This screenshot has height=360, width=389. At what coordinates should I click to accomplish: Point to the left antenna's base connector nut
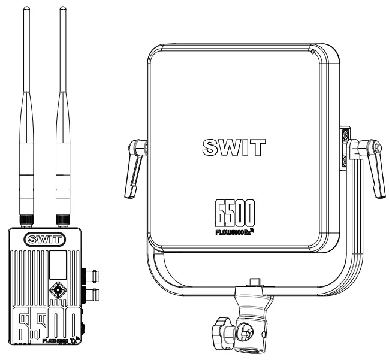[x=26, y=220]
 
